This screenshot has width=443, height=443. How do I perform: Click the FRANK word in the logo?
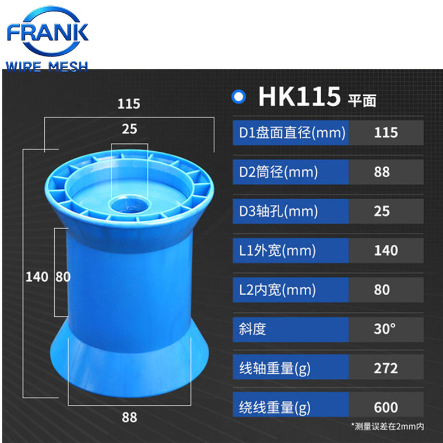(x=48, y=32)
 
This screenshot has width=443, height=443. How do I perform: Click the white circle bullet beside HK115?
(x=239, y=96)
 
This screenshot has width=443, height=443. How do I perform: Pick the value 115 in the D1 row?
(x=385, y=133)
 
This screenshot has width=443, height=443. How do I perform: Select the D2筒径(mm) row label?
(x=278, y=172)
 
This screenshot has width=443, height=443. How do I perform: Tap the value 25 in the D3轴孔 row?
(x=382, y=212)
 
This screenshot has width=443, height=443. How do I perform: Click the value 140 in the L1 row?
(x=385, y=251)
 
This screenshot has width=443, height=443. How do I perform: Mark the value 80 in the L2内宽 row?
(x=382, y=290)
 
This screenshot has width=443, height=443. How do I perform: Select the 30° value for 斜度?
(x=384, y=329)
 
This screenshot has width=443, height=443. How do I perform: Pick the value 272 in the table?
(x=385, y=368)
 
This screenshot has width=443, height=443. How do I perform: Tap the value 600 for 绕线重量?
(x=385, y=408)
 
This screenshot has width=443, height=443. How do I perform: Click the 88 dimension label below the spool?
(x=129, y=417)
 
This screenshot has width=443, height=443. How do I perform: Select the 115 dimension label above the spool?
(x=129, y=103)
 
